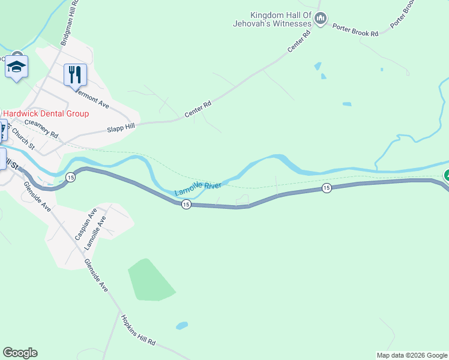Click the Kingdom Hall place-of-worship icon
[x=321, y=20]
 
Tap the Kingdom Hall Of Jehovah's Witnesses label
[x=273, y=19]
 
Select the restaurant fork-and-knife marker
[x=76, y=75]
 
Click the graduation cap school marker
[x=17, y=67]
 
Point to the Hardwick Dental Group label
[x=46, y=113]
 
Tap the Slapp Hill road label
[x=122, y=125]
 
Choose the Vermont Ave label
[x=90, y=98]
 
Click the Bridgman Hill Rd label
[x=70, y=23]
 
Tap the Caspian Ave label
[x=85, y=224]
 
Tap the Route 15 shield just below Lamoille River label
[x=186, y=205]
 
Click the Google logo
[x=20, y=353]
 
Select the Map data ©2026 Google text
[x=412, y=355]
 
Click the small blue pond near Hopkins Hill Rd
[x=181, y=326]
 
